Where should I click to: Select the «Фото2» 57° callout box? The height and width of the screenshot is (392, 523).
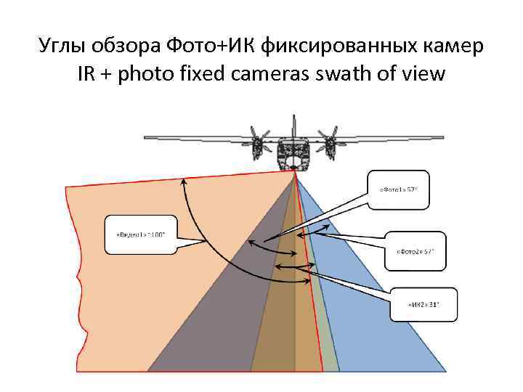[414, 250]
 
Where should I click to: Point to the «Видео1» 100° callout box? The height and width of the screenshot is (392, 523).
[141, 234]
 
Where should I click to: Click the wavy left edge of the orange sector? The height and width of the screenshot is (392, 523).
[73, 276]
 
